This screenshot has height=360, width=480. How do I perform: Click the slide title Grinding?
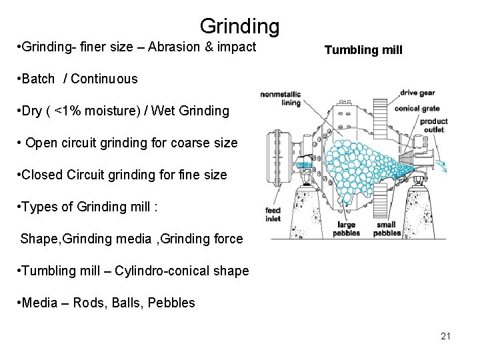[239, 26]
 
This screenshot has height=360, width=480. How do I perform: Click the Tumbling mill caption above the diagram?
[363, 50]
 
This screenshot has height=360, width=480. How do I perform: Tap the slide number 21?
[445, 335]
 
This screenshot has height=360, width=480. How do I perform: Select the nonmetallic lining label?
[280, 98]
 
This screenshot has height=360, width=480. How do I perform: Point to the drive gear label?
[418, 93]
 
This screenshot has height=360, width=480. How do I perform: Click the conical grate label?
[417, 108]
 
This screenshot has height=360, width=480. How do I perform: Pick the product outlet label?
[433, 125]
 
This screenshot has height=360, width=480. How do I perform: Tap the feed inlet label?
[273, 215]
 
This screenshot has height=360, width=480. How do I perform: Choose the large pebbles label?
[346, 229]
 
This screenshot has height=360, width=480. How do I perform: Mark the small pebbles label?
[387, 229]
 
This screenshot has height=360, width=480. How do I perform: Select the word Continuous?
[104, 79]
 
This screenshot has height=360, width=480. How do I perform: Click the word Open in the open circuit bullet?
[41, 143]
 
